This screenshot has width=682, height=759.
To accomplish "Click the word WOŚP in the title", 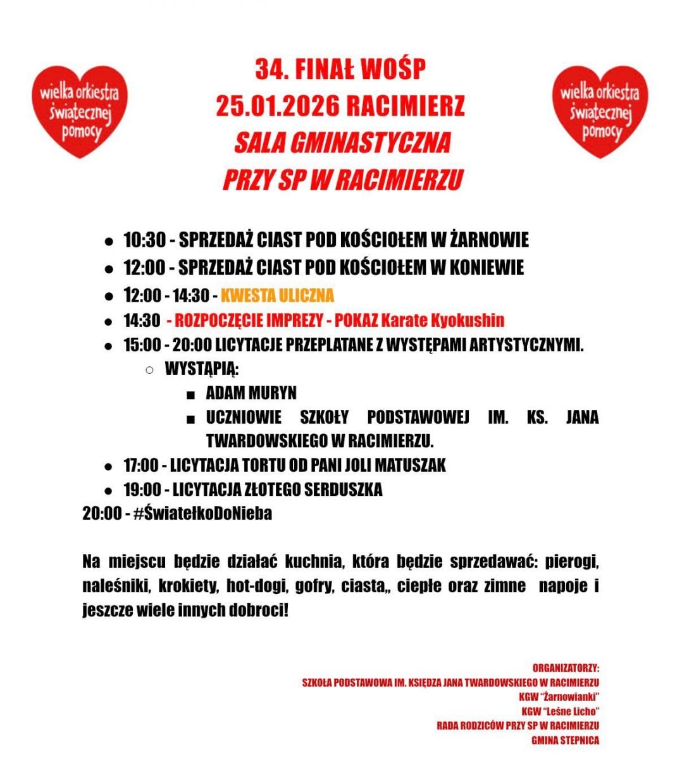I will coord(393,70).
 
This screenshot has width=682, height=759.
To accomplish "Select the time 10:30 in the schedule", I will coord(144,240).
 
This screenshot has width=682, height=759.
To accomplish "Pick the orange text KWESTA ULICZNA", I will coord(277,295).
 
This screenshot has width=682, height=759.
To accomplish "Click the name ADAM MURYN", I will coord(251,393).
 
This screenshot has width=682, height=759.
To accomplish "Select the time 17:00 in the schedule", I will coord(140,466).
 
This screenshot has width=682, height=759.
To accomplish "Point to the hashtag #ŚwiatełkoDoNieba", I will coord(202,513).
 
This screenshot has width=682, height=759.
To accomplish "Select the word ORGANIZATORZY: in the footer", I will coord(566,668).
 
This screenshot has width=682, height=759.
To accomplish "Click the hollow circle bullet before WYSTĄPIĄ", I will coord(149,369).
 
